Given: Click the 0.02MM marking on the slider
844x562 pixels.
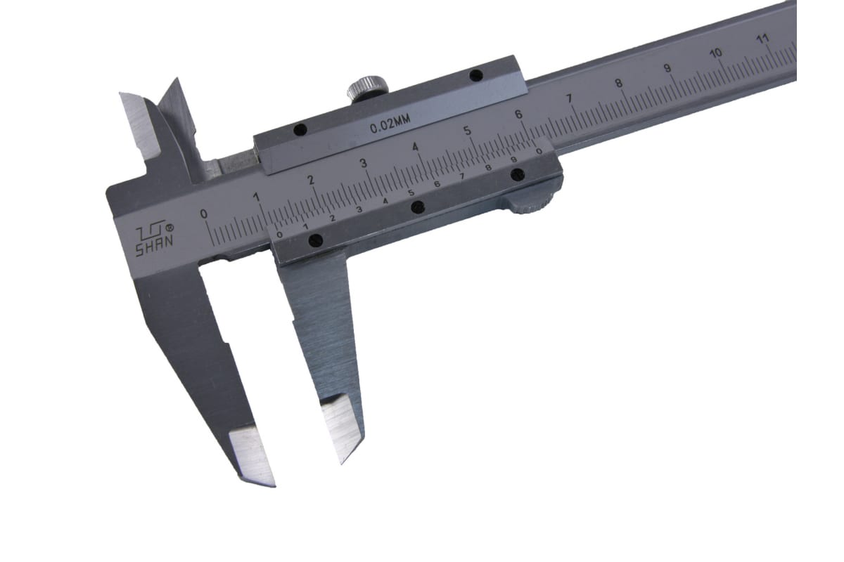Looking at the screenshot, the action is [390, 124].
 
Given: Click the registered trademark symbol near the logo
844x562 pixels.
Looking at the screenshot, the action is [170, 228].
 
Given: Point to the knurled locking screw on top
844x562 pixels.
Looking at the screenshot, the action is [367, 88].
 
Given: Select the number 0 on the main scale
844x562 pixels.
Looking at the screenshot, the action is [204, 214].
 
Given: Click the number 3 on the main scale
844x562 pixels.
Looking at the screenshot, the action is [363, 162].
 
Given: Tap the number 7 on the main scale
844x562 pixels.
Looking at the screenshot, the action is [569, 98].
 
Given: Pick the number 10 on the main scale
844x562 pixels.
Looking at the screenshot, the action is [716, 53].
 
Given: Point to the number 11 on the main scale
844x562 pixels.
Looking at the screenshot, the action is [762, 39].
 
